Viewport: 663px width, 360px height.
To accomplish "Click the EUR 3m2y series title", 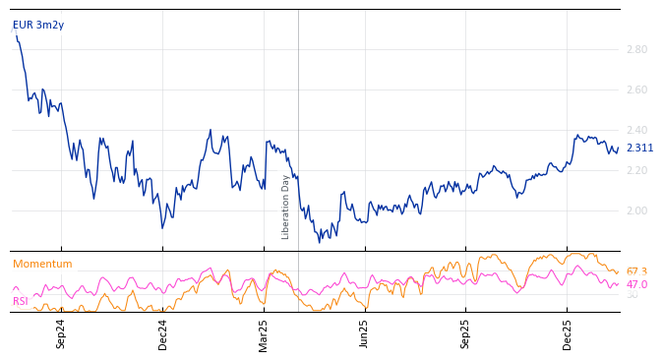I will (x=38, y=25).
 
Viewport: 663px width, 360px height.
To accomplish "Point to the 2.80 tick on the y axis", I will (x=636, y=49).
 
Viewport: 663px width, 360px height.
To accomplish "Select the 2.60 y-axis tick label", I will (x=636, y=90).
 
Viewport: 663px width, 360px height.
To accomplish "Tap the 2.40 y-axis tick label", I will (x=636, y=130).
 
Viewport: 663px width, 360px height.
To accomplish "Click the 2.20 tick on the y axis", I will (x=636, y=170).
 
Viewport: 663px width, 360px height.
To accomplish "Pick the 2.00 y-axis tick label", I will (x=636, y=210).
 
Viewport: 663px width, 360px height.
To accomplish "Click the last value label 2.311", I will (x=639, y=149).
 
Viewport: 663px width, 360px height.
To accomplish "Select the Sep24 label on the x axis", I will (x=61, y=333).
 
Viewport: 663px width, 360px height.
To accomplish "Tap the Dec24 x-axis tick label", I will (x=163, y=333).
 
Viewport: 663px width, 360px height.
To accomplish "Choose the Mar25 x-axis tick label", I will (x=264, y=333).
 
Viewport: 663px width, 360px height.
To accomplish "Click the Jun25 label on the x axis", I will (x=364, y=333).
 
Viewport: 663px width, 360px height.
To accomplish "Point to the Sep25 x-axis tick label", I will (x=465, y=333).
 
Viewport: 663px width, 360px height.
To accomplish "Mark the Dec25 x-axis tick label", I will (x=568, y=333).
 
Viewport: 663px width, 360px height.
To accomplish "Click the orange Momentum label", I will (x=42, y=264).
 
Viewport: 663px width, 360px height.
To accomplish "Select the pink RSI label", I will (x=21, y=301).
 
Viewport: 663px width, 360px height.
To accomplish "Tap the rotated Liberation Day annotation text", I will (x=286, y=207).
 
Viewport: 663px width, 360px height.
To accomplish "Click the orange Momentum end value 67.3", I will (x=636, y=271).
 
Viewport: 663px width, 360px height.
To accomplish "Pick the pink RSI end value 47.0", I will (x=636, y=284).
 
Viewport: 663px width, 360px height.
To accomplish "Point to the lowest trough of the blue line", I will (x=319, y=242).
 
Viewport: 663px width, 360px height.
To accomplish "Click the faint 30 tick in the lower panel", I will (x=633, y=295).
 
